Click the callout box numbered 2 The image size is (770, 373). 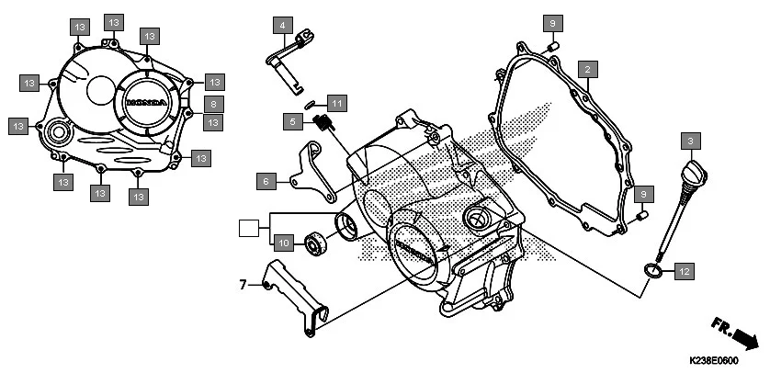click(x=589, y=68)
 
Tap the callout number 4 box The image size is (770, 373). click(x=283, y=25)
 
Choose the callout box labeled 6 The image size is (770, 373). click(x=266, y=182)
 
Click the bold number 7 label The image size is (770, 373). click(x=243, y=285)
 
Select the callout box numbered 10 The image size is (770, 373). click(x=284, y=243)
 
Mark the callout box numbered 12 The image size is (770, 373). click(x=684, y=271)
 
